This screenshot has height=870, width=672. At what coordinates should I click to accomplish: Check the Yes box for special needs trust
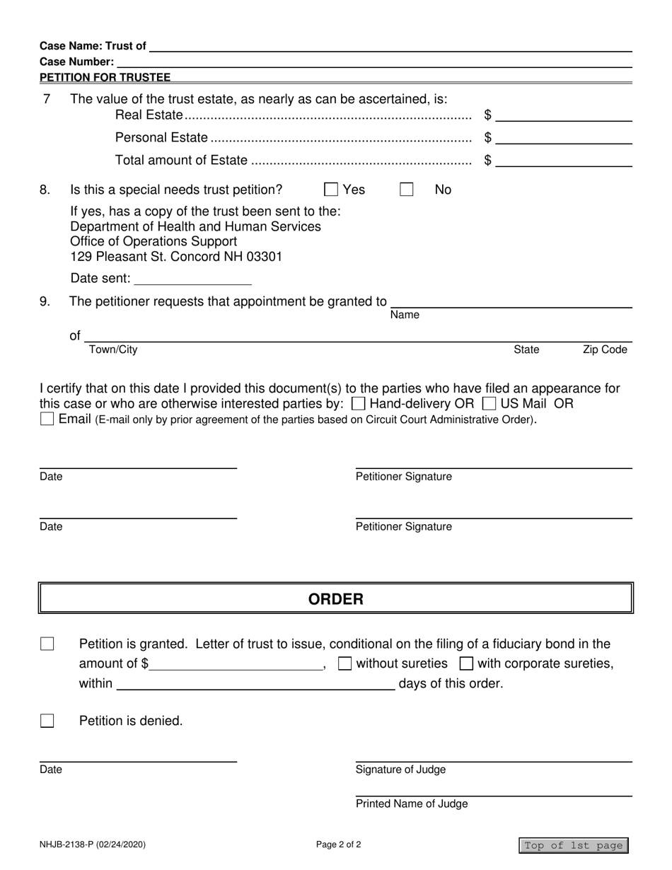(x=330, y=190)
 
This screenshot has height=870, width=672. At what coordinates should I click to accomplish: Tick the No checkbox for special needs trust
(x=406, y=190)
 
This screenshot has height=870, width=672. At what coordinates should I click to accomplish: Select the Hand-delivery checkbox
(x=358, y=404)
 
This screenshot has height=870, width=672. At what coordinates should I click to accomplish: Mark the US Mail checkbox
(x=488, y=404)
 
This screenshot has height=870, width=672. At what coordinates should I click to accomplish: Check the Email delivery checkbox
(x=47, y=419)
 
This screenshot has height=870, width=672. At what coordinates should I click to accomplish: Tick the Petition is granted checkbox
(x=47, y=644)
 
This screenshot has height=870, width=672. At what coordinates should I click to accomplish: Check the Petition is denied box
(x=47, y=721)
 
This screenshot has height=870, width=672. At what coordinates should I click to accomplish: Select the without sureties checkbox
(x=345, y=663)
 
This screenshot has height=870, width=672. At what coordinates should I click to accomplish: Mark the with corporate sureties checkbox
(x=466, y=663)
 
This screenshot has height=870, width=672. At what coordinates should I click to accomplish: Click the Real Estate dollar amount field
(x=564, y=115)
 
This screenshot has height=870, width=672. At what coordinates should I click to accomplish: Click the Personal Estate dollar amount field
(x=564, y=137)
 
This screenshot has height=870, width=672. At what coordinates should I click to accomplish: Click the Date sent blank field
(x=192, y=279)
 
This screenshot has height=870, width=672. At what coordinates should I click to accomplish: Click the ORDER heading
(x=335, y=599)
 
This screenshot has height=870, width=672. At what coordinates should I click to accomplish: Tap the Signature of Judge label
(x=400, y=770)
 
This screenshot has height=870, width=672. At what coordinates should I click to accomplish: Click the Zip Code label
(x=604, y=349)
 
